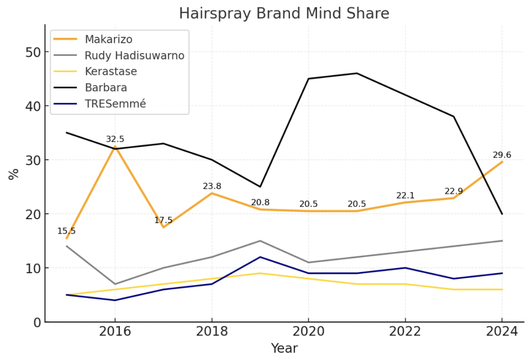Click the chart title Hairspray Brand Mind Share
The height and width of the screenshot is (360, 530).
click(284, 13)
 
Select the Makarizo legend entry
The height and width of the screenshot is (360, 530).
click(108, 39)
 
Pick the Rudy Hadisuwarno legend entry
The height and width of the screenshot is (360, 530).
click(134, 55)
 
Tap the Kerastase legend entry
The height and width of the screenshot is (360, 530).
click(110, 72)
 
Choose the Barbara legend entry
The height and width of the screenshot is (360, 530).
click(106, 88)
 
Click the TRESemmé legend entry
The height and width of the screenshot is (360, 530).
click(115, 104)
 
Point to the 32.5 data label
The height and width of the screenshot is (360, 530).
click(115, 139)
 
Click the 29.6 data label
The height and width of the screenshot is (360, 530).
click(502, 155)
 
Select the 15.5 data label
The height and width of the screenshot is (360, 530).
click(66, 231)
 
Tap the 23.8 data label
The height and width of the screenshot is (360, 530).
click(212, 186)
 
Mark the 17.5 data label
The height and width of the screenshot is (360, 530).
click(163, 220)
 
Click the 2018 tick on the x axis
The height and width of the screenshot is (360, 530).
click(212, 332)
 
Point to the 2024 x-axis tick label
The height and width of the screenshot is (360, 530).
click(502, 332)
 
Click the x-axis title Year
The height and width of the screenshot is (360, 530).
click(284, 348)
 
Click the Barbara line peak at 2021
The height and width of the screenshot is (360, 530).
click(357, 73)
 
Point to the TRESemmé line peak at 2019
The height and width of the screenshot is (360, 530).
click(260, 257)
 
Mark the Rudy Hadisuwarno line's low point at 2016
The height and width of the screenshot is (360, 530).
click(115, 284)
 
